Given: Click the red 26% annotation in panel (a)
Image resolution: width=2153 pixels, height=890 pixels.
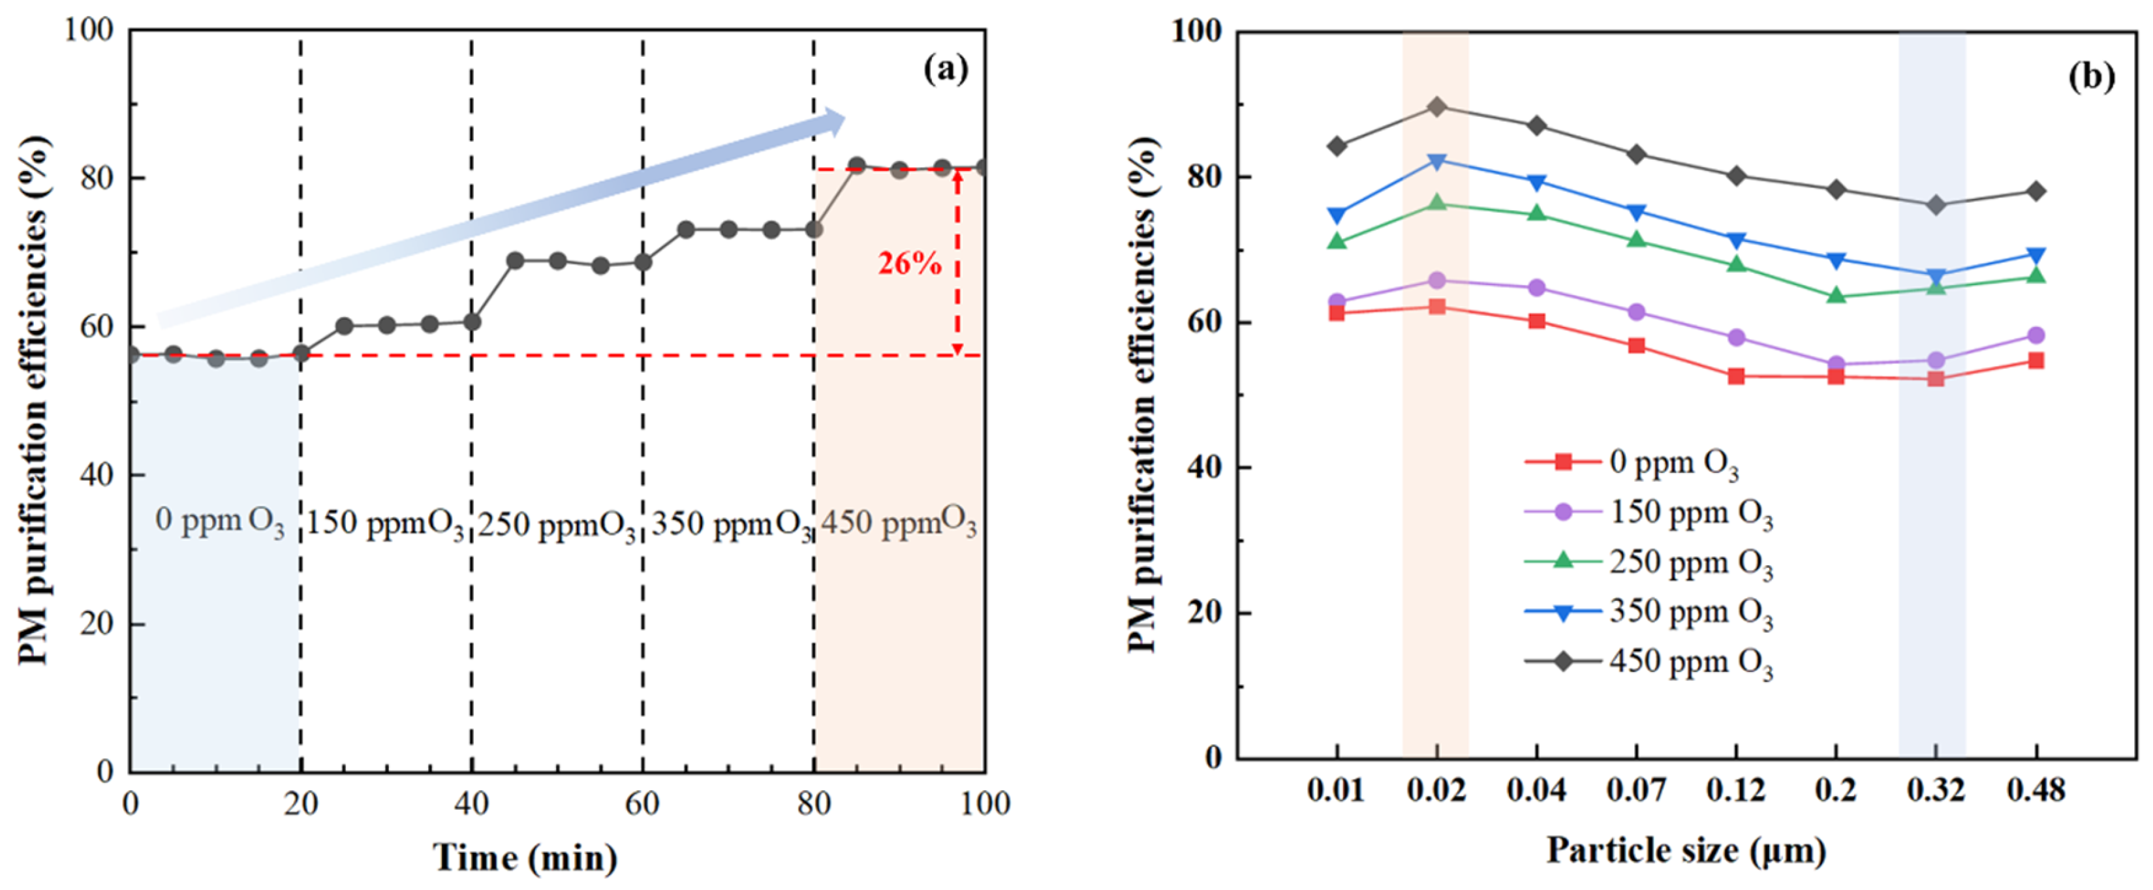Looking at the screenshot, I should point(909,264).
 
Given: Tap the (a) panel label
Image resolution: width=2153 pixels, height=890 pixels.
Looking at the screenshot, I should point(945,69).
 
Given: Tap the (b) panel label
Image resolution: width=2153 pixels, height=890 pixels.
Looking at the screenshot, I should point(2091,76).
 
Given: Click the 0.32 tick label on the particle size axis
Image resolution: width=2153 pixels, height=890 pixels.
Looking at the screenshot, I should point(1936,790).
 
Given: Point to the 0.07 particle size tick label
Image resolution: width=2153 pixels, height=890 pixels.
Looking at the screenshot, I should point(1637,790).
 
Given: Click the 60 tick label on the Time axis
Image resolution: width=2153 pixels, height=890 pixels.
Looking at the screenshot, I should point(642,804).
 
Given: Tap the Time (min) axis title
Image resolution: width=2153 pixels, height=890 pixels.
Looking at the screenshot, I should point(525,858).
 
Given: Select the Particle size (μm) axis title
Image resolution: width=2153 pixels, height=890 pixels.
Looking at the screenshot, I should point(1686,852).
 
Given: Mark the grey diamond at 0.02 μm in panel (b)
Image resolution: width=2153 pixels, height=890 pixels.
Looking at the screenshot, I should point(1436,107).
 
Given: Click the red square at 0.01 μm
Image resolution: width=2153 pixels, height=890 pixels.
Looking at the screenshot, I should point(1337,313).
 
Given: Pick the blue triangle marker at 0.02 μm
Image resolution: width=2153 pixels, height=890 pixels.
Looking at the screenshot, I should point(1436,161).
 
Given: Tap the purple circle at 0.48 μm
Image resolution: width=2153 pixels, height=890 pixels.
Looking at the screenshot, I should point(2036,335).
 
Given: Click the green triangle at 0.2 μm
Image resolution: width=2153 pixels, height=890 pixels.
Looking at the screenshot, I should point(1836,296).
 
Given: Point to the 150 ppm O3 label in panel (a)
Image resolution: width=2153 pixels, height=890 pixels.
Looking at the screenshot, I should point(384,525).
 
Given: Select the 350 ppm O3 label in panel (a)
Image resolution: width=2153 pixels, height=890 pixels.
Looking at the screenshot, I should point(730,525).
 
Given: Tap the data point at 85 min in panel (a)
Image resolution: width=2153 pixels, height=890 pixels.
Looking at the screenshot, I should point(857,166).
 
